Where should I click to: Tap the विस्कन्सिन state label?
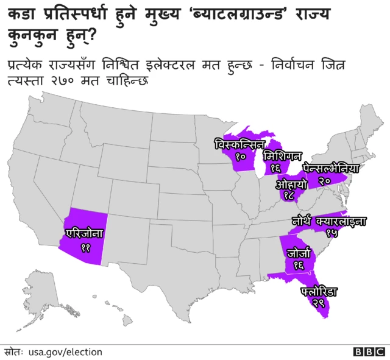(239, 144)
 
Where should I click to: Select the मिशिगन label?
(282, 155)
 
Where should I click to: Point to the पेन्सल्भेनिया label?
(332, 168)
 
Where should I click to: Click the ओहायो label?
(290, 183)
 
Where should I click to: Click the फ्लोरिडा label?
(319, 292)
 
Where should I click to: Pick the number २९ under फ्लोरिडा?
(318, 303)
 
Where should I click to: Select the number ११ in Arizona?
(85, 247)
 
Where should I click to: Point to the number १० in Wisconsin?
(240, 157)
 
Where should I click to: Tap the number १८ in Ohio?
(289, 196)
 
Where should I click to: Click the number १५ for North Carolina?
(332, 233)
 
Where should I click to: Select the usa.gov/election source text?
(65, 352)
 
